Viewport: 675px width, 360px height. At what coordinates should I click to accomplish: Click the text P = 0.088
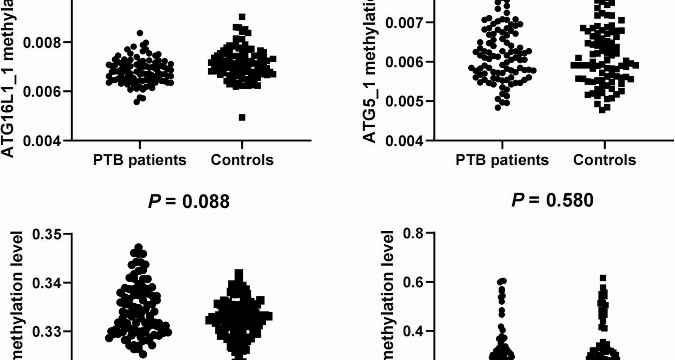tap(189, 201)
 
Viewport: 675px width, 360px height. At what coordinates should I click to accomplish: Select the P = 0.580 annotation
tap(552, 200)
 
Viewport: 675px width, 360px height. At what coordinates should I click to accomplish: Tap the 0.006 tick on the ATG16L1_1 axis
tap(42, 92)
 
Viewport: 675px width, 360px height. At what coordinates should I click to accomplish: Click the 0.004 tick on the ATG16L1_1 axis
tap(42, 141)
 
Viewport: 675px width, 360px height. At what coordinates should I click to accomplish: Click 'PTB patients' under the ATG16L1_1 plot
tap(140, 160)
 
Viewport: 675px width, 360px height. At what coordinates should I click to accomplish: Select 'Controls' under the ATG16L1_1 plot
tap(242, 160)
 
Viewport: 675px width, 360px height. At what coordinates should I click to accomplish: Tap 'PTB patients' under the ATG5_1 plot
tap(502, 160)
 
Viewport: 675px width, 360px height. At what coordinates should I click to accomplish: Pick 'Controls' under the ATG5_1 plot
tap(605, 160)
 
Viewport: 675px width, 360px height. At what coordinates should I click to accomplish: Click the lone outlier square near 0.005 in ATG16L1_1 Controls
tap(242, 117)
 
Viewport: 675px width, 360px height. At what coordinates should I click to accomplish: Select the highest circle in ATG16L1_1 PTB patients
tap(140, 33)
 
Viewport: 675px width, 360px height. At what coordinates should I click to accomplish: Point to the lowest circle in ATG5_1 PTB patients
tap(498, 108)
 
